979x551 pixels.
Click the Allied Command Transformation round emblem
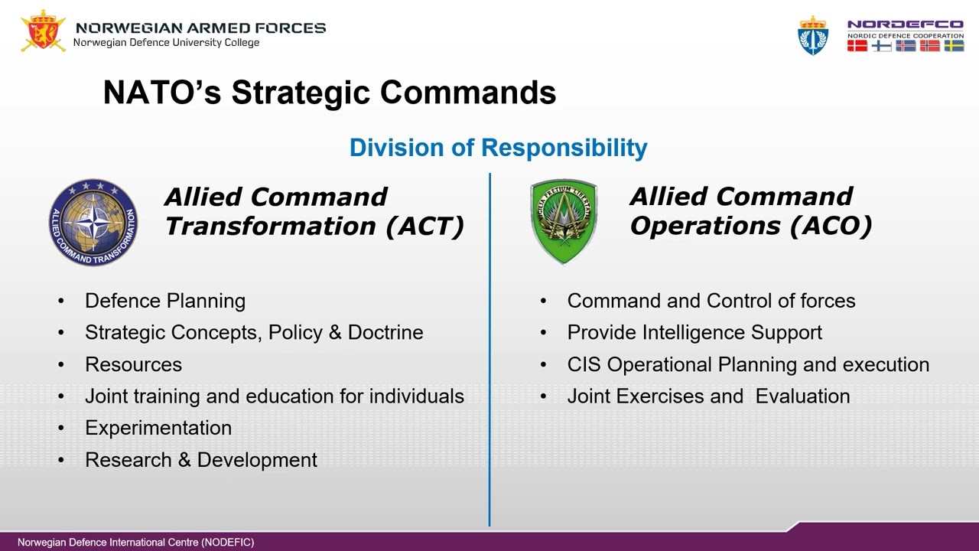tap(93, 223)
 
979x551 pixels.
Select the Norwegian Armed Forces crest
tap(44, 31)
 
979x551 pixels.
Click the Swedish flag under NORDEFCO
tap(954, 46)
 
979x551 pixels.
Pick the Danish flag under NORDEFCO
tap(857, 46)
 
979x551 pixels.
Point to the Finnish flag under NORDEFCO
tap(881, 46)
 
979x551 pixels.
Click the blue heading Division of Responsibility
tap(498, 147)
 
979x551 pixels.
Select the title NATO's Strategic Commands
tap(329, 93)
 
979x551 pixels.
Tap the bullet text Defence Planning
tap(165, 301)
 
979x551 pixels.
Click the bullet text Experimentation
tap(158, 428)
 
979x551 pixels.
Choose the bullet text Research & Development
tap(201, 460)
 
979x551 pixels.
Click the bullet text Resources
tap(134, 364)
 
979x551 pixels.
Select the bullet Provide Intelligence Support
tap(694, 333)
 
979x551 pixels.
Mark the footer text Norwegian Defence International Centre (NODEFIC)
tap(135, 542)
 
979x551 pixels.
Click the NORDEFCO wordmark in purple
tap(905, 24)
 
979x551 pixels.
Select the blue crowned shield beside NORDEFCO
tap(813, 35)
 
